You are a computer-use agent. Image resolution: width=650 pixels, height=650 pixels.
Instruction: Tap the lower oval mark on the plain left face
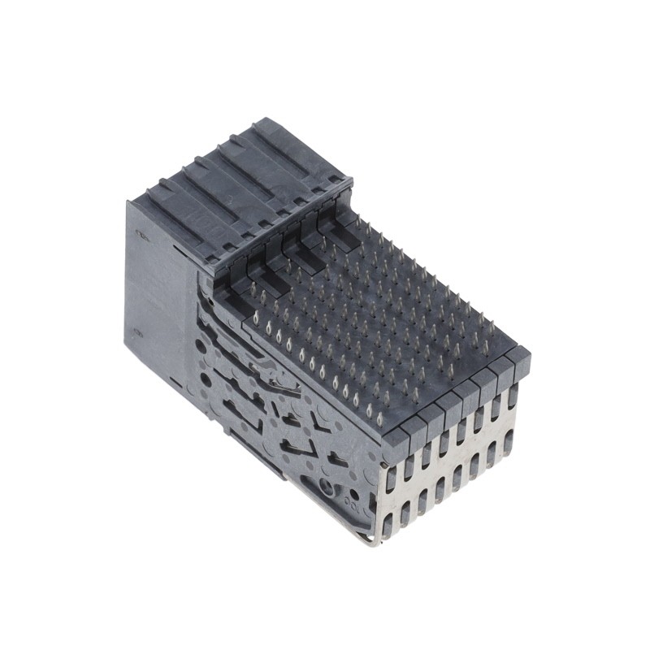140,331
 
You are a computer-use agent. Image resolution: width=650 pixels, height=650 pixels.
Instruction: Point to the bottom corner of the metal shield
375,544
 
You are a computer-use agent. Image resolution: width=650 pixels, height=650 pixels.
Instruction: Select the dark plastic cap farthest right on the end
520,358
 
